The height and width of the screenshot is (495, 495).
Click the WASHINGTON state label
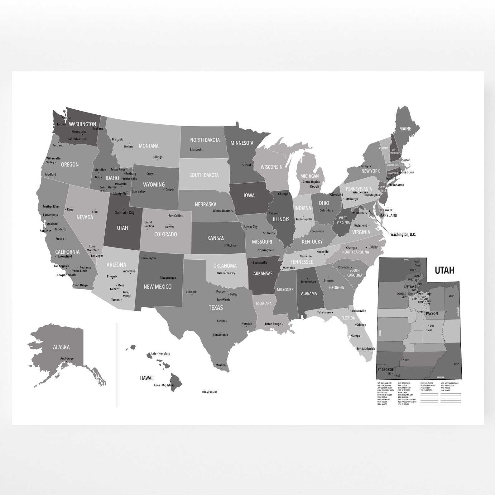pyautogui.click(x=82, y=124)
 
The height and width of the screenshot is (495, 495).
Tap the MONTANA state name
pyautogui.click(x=148, y=146)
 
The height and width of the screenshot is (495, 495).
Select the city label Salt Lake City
pyautogui.click(x=125, y=213)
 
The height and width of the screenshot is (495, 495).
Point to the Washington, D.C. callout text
pyautogui.click(x=403, y=234)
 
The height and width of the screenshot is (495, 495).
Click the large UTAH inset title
pyautogui.click(x=445, y=270)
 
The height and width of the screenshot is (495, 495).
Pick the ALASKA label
pyautogui.click(x=61, y=347)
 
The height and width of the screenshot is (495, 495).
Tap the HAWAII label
pyautogui.click(x=147, y=378)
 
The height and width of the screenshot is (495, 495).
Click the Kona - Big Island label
pyautogui.click(x=164, y=385)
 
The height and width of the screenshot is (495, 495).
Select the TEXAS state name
pyautogui.click(x=216, y=308)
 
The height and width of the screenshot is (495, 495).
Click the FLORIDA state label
pyautogui.click(x=348, y=318)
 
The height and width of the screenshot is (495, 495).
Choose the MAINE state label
pyautogui.click(x=405, y=129)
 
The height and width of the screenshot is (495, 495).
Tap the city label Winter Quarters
pyautogui.click(x=223, y=211)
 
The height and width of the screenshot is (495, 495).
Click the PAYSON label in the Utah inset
pyautogui.click(x=432, y=314)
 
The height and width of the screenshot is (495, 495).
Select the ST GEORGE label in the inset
pyautogui.click(x=385, y=370)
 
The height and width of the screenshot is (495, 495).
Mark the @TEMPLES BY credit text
pyautogui.click(x=209, y=392)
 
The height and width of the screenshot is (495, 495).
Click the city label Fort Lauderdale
pyautogui.click(x=366, y=348)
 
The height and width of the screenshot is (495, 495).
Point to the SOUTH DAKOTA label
pyautogui.click(x=204, y=175)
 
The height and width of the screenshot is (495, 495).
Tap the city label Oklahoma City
pyautogui.click(x=226, y=273)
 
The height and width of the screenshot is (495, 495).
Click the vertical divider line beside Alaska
pyautogui.click(x=117, y=365)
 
